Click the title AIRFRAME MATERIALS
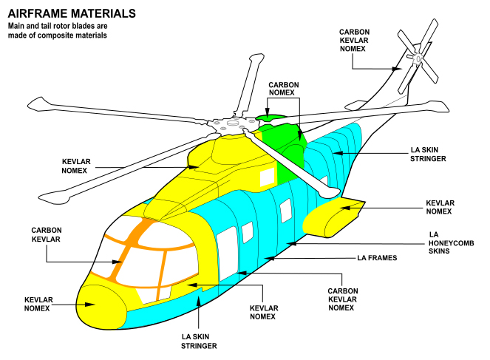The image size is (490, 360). point(71,13)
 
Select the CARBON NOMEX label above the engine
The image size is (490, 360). point(284,89)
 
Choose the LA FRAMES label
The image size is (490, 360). point(377,258)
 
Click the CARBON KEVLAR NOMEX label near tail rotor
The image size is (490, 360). point(354,40)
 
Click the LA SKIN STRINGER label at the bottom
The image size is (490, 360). point(200,341)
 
